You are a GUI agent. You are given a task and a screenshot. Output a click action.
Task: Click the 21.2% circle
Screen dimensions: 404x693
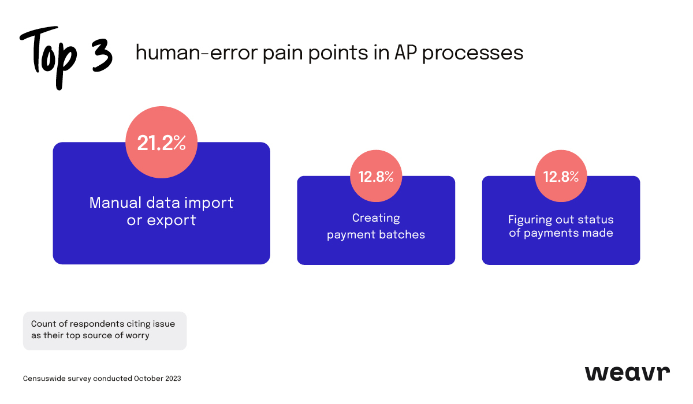pos(161,143)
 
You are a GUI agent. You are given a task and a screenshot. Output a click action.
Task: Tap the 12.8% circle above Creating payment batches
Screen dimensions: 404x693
pos(376,177)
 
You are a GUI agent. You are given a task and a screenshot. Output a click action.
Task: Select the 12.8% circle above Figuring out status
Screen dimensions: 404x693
pos(561,177)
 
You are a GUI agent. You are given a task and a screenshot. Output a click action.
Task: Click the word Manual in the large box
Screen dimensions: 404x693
pos(115,203)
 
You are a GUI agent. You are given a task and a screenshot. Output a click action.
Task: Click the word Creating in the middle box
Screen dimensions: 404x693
pos(376,218)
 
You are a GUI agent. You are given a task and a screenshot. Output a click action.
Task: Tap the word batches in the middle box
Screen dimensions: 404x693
pos(404,235)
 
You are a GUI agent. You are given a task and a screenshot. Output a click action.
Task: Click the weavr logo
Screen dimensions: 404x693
pos(627,373)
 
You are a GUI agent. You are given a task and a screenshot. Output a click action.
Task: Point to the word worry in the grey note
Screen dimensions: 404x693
pos(137,335)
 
